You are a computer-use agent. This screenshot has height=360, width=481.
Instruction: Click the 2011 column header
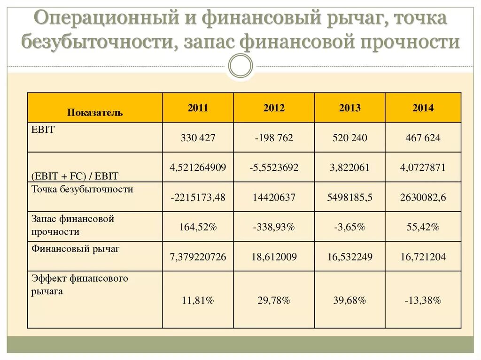[x=198, y=108]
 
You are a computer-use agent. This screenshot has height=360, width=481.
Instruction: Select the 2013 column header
[x=350, y=108]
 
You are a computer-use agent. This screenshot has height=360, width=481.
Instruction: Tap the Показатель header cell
[x=95, y=113]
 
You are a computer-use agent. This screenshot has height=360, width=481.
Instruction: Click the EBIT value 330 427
[x=198, y=138]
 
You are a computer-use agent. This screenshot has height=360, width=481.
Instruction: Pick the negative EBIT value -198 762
[x=274, y=138]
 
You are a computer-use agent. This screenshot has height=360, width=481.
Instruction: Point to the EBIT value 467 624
[x=423, y=138]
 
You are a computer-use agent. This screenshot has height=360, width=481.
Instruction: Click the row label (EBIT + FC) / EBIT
[x=75, y=176]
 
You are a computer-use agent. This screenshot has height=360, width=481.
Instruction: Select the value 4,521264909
[x=198, y=167]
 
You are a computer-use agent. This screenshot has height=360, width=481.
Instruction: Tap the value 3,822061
[x=350, y=167]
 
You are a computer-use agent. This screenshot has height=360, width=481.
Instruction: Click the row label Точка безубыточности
[x=82, y=190]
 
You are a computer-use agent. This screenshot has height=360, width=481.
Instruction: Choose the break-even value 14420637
[x=274, y=198]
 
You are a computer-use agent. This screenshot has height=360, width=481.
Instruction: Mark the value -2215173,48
[x=198, y=198]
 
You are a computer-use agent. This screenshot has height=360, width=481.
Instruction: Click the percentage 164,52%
[x=198, y=227]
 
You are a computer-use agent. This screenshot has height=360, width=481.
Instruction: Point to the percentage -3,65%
[x=350, y=227]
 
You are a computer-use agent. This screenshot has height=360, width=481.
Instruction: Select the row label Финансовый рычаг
[x=75, y=249]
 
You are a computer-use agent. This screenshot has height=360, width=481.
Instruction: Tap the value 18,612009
[x=274, y=257]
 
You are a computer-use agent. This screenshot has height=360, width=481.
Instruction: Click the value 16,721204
[x=423, y=257]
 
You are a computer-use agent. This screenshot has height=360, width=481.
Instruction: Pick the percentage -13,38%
[x=423, y=300]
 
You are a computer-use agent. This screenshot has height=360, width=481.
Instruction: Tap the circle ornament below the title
[x=240, y=66]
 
